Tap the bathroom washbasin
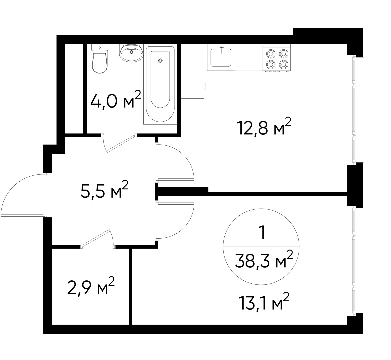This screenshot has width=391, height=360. [131, 53]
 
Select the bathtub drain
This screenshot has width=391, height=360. [160, 60]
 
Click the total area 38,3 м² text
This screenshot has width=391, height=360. [264, 261]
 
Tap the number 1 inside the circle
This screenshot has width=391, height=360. [262, 233]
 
